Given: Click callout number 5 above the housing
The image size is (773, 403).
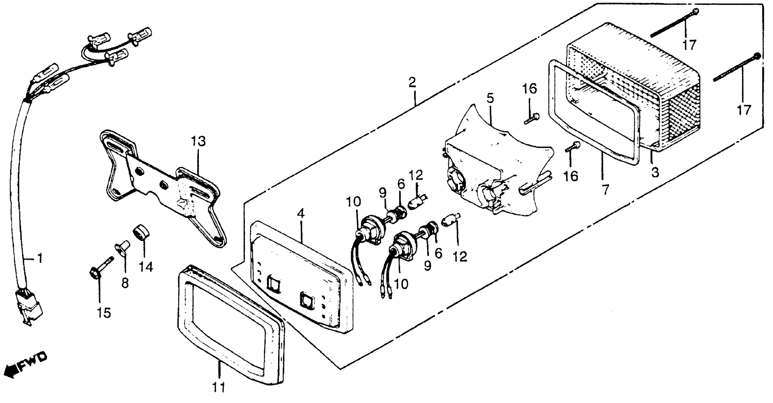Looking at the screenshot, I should coord(490,98).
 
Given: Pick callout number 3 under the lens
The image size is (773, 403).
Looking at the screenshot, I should coord(655,172).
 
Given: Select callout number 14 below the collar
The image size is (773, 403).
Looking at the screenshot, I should coord(145,266).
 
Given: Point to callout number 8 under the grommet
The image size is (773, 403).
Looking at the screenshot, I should coord(125,282).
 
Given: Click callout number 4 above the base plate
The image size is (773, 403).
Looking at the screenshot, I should coord(301,213).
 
